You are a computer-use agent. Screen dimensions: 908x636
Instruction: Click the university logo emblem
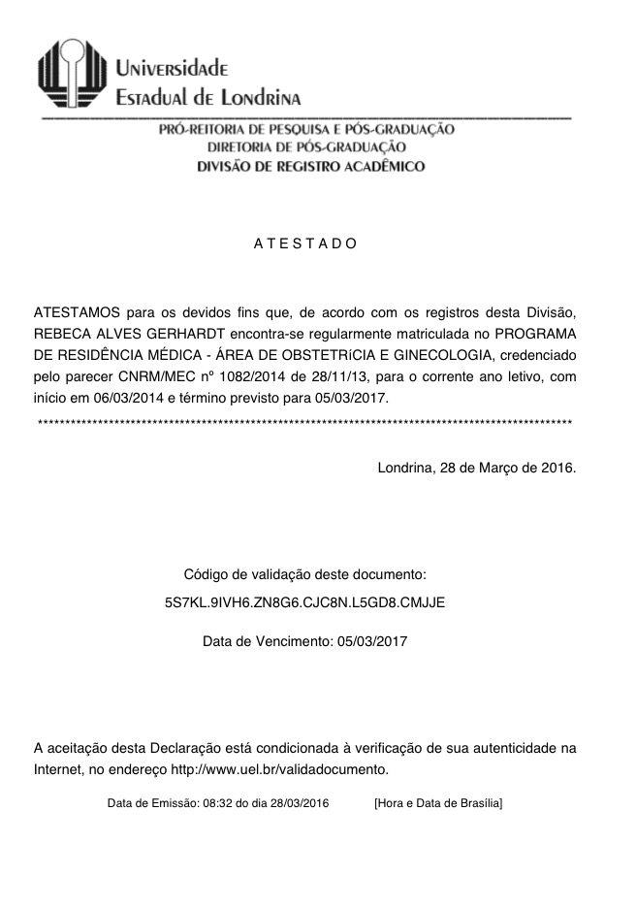click(x=71, y=73)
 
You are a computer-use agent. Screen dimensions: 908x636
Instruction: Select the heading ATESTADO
click(x=305, y=243)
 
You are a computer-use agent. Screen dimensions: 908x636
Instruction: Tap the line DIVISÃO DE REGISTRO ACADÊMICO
click(x=310, y=166)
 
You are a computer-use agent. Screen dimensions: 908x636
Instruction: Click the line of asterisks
click(x=304, y=424)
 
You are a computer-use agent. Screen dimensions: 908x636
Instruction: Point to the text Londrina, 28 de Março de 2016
click(x=476, y=467)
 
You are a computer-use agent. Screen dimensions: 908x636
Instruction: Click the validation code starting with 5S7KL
click(x=304, y=601)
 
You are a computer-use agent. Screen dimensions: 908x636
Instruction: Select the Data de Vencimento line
click(x=304, y=641)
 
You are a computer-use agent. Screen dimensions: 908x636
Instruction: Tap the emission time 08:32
click(x=214, y=803)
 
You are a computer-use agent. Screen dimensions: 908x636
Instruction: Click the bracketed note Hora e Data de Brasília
click(x=437, y=803)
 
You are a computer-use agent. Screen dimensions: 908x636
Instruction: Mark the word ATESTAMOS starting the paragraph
click(x=77, y=312)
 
